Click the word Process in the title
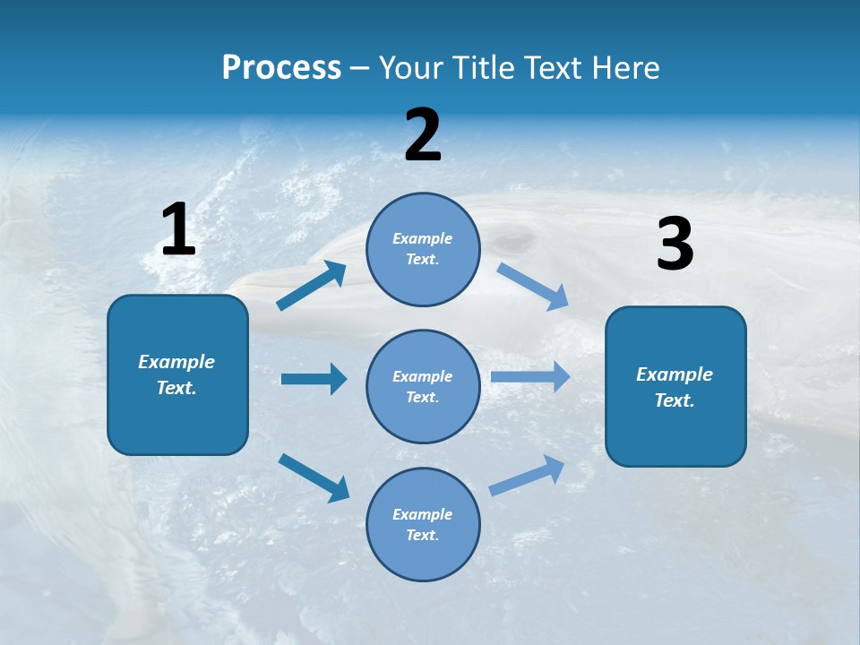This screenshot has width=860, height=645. [281, 67]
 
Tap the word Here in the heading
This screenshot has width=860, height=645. [625, 67]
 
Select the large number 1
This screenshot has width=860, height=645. [178, 230]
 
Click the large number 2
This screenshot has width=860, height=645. [423, 135]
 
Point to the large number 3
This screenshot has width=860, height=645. [675, 245]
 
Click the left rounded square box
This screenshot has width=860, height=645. [177, 374]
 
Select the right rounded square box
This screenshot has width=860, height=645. [675, 386]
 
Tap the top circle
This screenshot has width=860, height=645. [424, 249]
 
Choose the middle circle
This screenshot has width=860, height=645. [424, 386]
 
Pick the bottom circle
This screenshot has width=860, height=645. [424, 524]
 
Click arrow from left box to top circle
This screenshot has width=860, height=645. [312, 286]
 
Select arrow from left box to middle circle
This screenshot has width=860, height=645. [314, 379]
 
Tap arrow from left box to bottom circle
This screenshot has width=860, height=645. [314, 477]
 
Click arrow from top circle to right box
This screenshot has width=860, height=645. [532, 286]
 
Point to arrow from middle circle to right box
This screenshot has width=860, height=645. [530, 377]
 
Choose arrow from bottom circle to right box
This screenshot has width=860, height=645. [527, 476]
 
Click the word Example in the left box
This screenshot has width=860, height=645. [176, 362]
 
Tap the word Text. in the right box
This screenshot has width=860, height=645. [675, 400]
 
